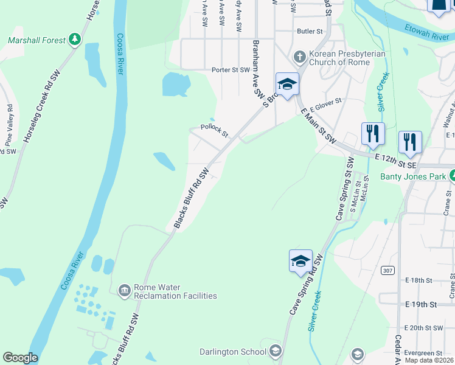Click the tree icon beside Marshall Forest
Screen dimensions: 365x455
(x=75, y=40)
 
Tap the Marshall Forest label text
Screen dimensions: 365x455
(x=36, y=41)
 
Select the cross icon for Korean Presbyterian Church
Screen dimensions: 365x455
(x=299, y=57)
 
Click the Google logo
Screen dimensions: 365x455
(x=19, y=358)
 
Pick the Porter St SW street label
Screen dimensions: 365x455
(x=231, y=70)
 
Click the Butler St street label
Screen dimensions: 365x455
(x=309, y=31)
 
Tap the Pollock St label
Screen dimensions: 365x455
(x=215, y=130)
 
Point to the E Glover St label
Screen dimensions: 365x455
(x=326, y=105)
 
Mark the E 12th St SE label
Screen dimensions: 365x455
(x=395, y=161)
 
